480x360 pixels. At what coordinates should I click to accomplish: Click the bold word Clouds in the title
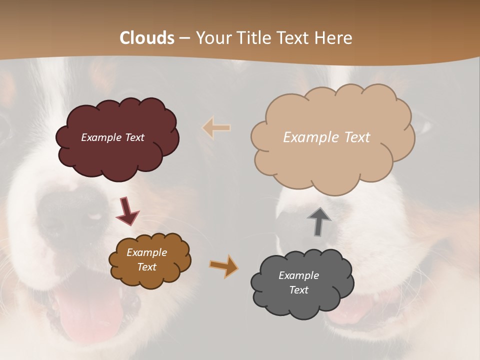pos(147,38)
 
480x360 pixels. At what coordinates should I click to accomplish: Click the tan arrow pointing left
pos(216,128)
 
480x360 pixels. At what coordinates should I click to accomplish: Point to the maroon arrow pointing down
pos(127,210)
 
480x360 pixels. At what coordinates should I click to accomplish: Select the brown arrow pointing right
pos(223,266)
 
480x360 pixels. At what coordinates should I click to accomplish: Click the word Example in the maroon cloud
pos(99,137)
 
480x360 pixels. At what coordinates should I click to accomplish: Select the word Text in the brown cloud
pos(147,267)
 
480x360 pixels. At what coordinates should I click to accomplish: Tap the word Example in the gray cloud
pos(298,275)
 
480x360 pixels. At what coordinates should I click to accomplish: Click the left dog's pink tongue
pos(87,312)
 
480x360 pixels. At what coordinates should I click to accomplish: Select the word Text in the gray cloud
pos(298,290)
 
